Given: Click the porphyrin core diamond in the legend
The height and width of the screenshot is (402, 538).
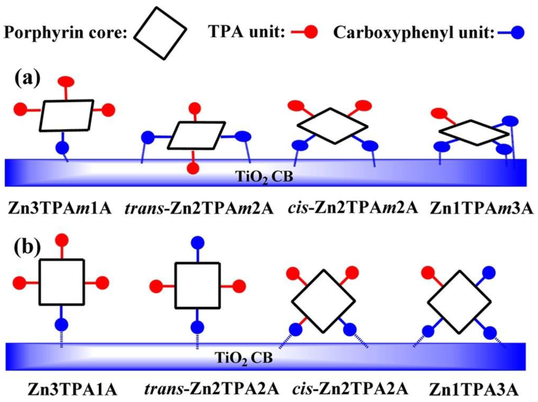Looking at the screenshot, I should pos(160,33).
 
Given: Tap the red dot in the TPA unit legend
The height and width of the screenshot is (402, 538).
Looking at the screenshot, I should pos(311,32).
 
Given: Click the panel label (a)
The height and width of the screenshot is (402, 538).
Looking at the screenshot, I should pos(27,79).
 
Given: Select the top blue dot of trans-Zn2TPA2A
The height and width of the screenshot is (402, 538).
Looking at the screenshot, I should pos(198,242).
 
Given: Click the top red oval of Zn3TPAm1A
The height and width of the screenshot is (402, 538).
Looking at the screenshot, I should pos(66,82).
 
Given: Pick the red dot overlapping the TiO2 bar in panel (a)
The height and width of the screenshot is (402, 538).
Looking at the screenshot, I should pos(193,168).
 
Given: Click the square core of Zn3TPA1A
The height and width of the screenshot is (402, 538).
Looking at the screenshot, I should pos(62,282).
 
